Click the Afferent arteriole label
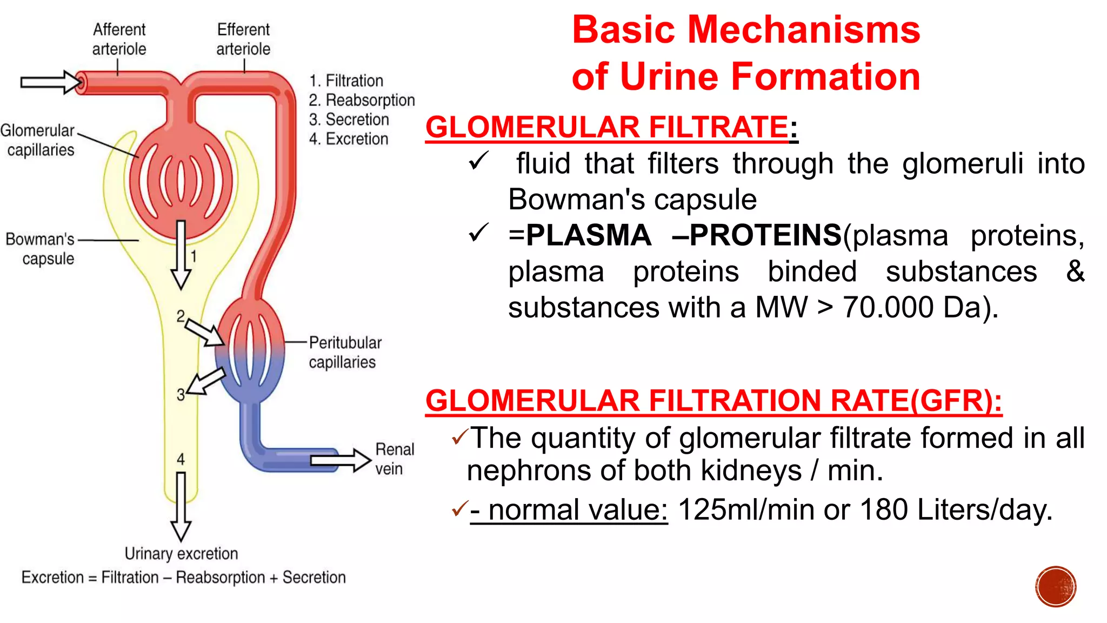coord(119,39)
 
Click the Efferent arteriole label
coord(243,39)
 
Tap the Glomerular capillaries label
coord(38,140)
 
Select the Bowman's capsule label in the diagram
coord(41,249)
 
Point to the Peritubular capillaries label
coord(344,352)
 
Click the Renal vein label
coord(394,459)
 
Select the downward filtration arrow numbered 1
coord(181,254)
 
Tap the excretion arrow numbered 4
coord(181,506)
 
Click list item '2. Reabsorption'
coord(362,100)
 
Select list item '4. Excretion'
coord(349,139)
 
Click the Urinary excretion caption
coord(181,554)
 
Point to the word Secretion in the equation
coord(314,578)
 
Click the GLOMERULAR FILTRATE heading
coord(606,128)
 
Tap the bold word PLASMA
coord(588,235)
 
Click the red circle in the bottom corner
coord(1056,587)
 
